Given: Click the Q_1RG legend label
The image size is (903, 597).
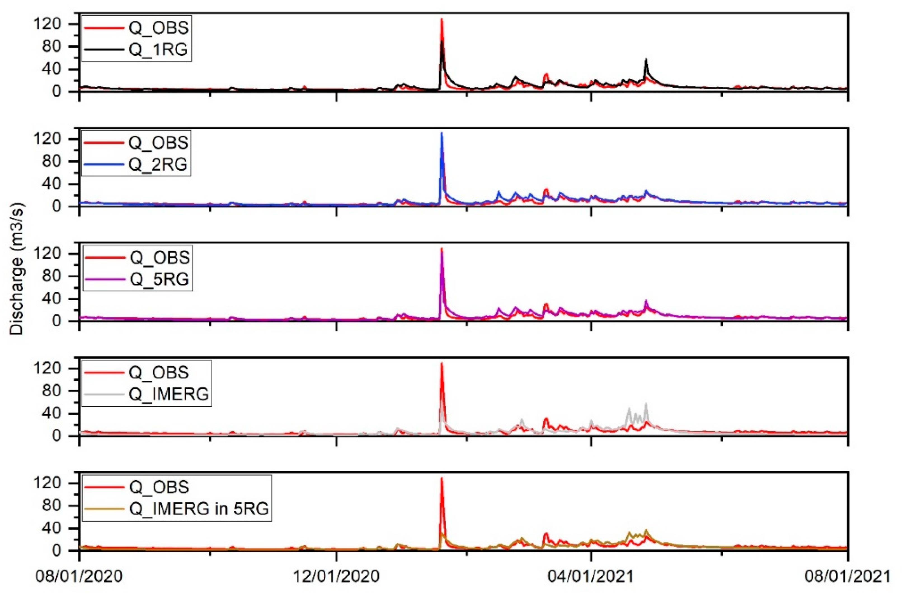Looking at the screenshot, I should [x=158, y=50].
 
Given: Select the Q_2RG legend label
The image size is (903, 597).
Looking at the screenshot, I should [x=158, y=165].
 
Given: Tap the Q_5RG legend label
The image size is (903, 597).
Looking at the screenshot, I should [x=159, y=279].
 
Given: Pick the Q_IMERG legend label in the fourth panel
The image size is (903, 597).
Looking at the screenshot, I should [x=169, y=394].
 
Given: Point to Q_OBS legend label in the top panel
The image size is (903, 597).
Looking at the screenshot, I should [x=158, y=28].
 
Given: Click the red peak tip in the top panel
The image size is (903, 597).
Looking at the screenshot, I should [x=442, y=19].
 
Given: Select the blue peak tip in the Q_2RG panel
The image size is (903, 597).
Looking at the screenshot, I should [x=442, y=133].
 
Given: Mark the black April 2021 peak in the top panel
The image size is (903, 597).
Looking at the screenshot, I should [x=646, y=59].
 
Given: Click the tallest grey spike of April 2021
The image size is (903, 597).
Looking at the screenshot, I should [x=646, y=404].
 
